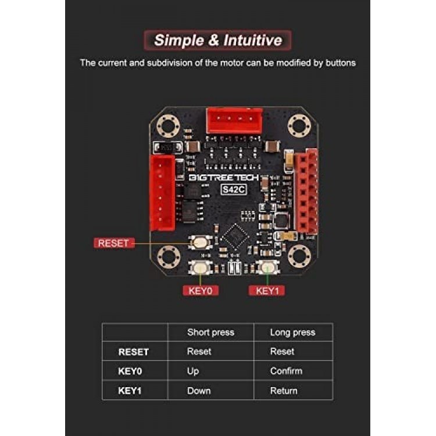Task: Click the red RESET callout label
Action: tap(115, 243)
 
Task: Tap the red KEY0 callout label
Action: tap(201, 291)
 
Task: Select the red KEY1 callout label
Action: tap(267, 291)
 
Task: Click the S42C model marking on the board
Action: tap(234, 190)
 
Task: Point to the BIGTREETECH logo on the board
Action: tap(224, 177)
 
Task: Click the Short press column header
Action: tap(211, 333)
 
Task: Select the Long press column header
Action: tap(292, 333)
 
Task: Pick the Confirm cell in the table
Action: tap(286, 371)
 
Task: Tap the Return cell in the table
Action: tap(284, 391)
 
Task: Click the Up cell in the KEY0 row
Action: tap(193, 371)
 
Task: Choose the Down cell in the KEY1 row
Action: tap(199, 391)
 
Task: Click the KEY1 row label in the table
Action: tap(130, 391)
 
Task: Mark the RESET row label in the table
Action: tap(134, 352)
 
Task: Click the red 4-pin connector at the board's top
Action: tap(234, 121)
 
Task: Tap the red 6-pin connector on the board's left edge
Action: tap(162, 193)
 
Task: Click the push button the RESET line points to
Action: tap(200, 242)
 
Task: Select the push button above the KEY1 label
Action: tap(267, 267)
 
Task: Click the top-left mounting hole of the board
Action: tap(168, 126)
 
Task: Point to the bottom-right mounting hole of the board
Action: tap(299, 256)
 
